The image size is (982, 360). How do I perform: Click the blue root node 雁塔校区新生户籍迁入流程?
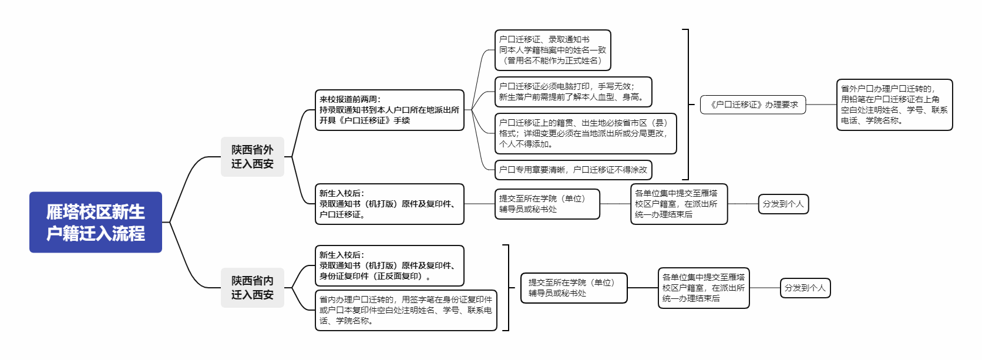coord(96,222)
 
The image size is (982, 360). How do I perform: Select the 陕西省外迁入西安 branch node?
coord(253,157)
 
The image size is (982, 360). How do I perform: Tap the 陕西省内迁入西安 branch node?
coord(253,288)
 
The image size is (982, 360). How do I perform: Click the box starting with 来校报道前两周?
coord(389,110)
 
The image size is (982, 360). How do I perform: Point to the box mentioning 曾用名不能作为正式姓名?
coord(552,50)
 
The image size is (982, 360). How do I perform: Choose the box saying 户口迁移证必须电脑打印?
coord(573,92)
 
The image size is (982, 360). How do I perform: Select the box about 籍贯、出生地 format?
coord(585,133)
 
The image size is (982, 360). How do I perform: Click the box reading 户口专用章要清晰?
coord(573,170)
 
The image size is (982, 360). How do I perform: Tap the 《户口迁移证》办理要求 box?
coord(753,105)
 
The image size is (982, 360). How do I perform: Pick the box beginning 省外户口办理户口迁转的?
coord(894,105)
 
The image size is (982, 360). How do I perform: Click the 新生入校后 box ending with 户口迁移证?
coord(389,204)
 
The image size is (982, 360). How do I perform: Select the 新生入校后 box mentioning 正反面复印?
coord(389,265)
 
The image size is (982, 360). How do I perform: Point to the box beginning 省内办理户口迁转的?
coord(406,310)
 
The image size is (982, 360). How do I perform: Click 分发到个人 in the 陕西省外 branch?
coord(783,204)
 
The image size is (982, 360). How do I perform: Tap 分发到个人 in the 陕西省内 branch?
coord(805,288)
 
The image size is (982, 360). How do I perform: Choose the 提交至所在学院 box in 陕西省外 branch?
coord(547,204)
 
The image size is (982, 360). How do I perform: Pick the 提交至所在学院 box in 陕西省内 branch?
coord(574,288)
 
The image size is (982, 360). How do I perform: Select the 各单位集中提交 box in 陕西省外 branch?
coord(679,204)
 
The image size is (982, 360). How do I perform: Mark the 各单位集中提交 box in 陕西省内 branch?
coord(704,288)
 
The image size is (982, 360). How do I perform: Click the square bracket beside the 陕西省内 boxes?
coord(509,288)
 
